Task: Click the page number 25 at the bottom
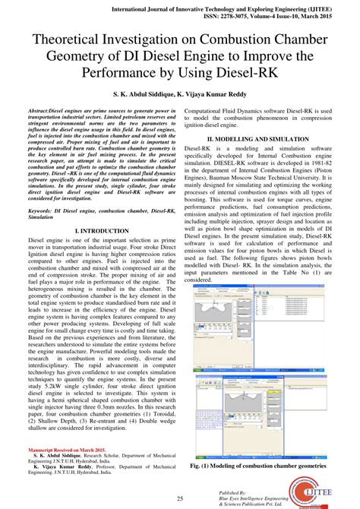[x=180, y=498]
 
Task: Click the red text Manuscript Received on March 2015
[x=66, y=451]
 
